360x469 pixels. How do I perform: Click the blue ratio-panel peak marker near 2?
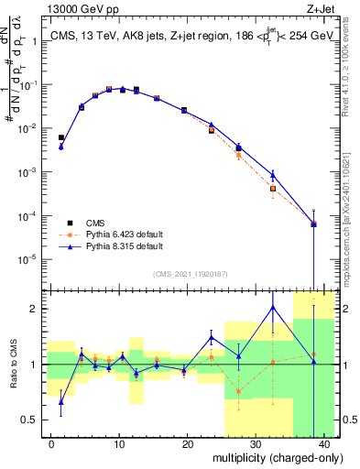coord(273,307)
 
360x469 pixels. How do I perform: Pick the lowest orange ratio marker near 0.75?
coord(239,391)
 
